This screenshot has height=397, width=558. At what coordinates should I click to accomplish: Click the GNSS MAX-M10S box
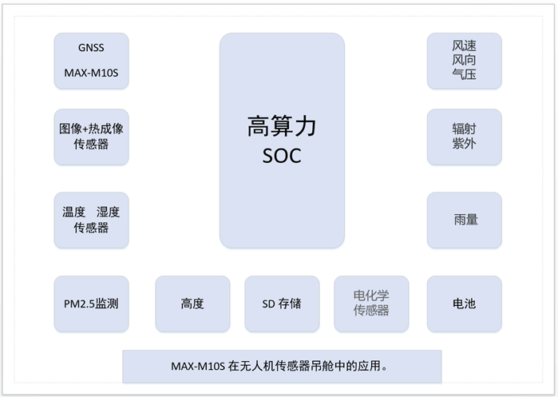[x=91, y=61]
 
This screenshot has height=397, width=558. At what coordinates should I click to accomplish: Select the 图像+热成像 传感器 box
[x=91, y=137]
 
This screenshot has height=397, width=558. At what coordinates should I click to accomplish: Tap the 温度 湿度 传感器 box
[x=91, y=220]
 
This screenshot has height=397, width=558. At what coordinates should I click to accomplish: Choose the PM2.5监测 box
[x=91, y=304]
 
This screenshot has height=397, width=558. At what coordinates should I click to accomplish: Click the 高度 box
[x=192, y=304]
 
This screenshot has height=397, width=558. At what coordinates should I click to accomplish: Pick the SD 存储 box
[x=282, y=304]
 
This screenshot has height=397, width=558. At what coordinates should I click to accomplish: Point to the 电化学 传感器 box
[x=371, y=304]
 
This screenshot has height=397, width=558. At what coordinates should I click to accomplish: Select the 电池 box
[x=464, y=304]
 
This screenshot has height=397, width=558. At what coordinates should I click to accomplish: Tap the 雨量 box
[x=464, y=220]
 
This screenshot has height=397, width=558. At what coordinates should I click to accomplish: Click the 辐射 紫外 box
[x=464, y=137]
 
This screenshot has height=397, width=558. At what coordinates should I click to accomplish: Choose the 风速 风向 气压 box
[x=464, y=61]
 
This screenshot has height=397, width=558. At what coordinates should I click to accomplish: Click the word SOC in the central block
[x=282, y=156]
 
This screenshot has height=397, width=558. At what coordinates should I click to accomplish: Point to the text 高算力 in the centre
[x=282, y=128]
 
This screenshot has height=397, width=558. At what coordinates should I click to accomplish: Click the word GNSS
[x=91, y=47]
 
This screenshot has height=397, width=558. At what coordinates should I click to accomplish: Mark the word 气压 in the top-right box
[x=464, y=74]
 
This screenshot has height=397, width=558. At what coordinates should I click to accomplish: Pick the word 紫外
[x=464, y=145]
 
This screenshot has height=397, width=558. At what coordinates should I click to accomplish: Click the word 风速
[x=464, y=46]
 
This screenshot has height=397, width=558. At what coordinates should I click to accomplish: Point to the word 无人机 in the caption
[x=259, y=367]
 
